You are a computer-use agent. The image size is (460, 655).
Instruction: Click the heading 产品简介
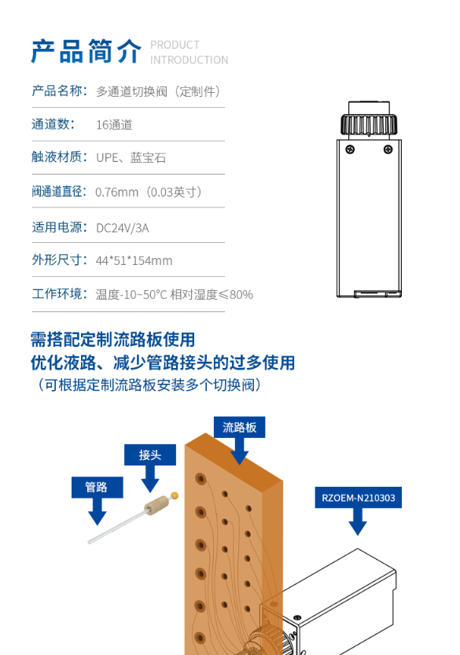coord(86,51)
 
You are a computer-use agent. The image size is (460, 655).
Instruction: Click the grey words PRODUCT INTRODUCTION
coord(189,53)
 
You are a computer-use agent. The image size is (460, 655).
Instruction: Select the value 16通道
coord(114,125)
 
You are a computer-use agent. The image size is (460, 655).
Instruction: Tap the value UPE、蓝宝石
coord(131,157)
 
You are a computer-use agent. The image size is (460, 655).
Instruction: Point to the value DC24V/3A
coord(123,228)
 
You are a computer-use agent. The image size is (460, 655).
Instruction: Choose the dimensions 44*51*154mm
coord(134,261)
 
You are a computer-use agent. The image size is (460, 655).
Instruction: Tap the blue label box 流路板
coord(239,427)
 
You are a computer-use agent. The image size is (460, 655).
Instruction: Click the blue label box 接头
coord(150,454)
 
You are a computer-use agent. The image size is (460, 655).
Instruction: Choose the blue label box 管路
coord(97,487)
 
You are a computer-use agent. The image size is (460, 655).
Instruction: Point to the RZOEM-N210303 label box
coord(358,498)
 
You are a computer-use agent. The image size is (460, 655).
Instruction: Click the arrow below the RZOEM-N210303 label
coord(358,521)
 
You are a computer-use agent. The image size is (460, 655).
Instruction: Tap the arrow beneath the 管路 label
coord(98,511)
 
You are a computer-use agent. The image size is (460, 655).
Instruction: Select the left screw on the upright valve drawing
coord(350,149)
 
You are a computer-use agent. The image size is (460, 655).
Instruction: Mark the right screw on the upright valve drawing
coord(388,149)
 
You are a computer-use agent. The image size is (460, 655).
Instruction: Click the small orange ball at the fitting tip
coord(175,496)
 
